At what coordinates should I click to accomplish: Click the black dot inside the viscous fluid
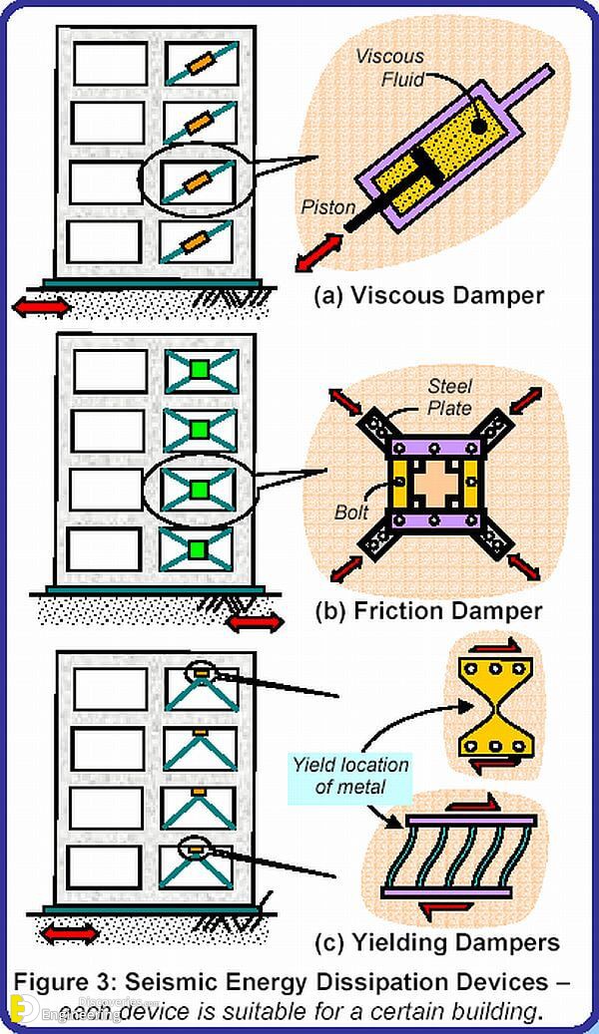(x=478, y=126)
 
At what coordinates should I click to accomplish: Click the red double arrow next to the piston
(x=318, y=248)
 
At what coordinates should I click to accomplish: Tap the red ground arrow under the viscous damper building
(x=41, y=306)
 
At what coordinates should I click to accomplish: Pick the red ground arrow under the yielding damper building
(x=71, y=934)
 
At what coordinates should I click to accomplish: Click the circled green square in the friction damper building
(x=199, y=488)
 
